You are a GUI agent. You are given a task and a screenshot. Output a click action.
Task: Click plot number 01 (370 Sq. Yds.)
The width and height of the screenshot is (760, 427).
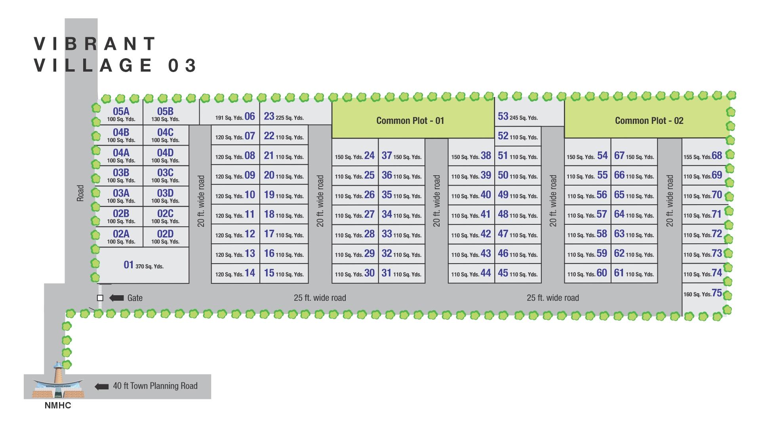[143, 265]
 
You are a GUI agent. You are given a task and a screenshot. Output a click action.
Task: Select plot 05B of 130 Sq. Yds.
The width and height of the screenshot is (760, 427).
[166, 114]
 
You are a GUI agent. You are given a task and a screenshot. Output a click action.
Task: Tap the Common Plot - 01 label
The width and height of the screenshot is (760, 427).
[410, 120]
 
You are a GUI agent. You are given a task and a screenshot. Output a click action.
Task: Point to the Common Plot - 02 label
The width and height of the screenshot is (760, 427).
[649, 120]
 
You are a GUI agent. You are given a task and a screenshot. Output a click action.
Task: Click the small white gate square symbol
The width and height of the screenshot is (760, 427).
[100, 298]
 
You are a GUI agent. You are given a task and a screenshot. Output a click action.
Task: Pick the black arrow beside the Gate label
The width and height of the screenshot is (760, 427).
[116, 298]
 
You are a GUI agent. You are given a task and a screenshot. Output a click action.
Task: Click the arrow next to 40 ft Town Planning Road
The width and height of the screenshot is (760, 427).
[102, 386]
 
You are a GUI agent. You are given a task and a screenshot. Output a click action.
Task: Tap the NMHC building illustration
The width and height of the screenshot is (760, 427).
[58, 382]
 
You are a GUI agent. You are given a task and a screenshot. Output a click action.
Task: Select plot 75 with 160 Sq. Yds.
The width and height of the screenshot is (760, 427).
[702, 293]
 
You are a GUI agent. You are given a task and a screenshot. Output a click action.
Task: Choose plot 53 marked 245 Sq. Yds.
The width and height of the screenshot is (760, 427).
[517, 116]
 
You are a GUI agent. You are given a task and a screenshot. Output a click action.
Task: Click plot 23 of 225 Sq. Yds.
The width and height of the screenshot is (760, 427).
[284, 116]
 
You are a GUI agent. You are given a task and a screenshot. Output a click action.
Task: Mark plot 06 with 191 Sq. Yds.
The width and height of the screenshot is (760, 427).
[235, 116]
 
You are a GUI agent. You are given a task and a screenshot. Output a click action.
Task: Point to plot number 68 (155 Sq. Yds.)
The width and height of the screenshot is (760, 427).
[702, 156]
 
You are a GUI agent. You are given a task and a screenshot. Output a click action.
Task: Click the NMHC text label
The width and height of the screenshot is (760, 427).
[58, 405]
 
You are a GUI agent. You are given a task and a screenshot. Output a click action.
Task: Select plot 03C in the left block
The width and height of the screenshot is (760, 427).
[166, 175]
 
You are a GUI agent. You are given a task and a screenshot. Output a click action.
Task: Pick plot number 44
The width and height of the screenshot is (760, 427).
[471, 273]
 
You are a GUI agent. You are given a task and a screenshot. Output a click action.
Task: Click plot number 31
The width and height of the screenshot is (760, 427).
[402, 273]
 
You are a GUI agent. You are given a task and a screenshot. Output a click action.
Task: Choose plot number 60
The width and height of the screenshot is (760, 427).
[587, 273]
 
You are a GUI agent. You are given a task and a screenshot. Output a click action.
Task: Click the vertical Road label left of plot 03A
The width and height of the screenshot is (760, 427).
[80, 193]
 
